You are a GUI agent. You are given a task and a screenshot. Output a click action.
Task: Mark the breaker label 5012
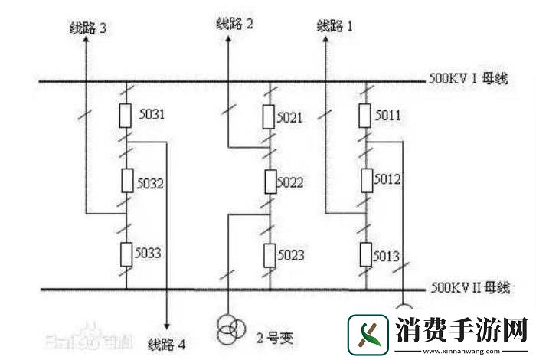389,179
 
